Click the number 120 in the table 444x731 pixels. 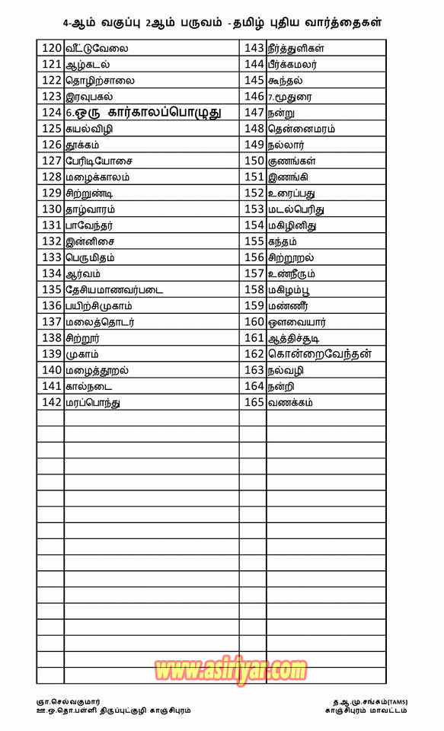pos(52,48)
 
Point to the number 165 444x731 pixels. pos(254,401)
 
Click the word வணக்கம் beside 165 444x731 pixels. pos(290,401)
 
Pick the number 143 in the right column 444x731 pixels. pos(254,48)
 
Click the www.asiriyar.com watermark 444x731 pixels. pos(230,670)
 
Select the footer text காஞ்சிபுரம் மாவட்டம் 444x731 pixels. pos(366,710)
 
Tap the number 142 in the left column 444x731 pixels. pos(52,401)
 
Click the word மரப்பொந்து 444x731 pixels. pos(93,402)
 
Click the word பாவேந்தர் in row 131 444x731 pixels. pos(90,225)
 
